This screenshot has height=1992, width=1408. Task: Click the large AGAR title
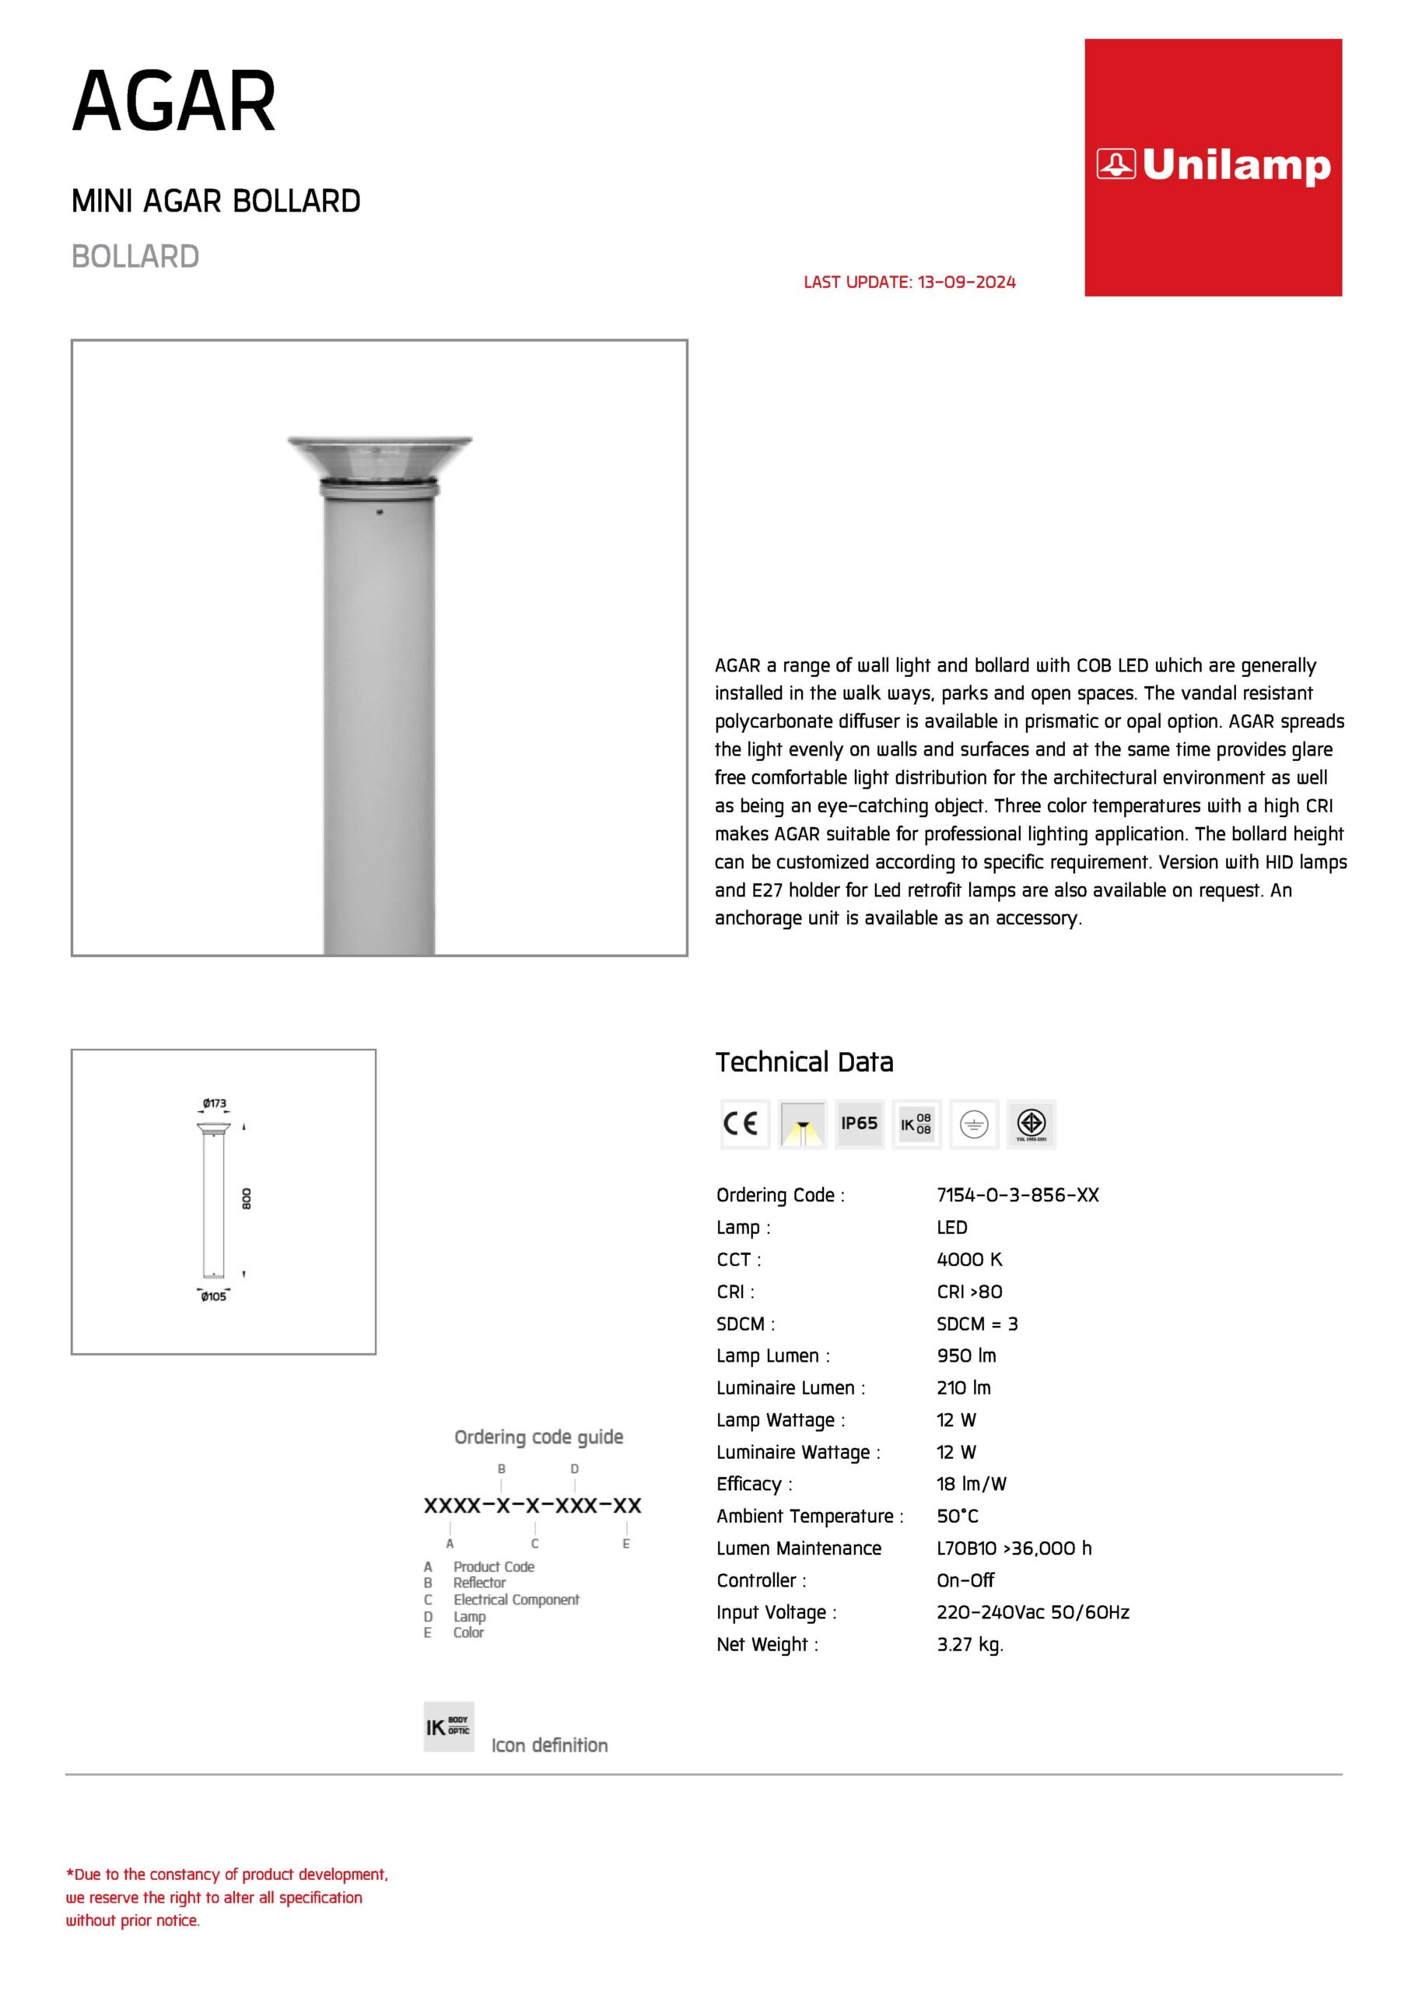[x=173, y=103]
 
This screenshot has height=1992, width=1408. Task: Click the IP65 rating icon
[x=859, y=1124]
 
